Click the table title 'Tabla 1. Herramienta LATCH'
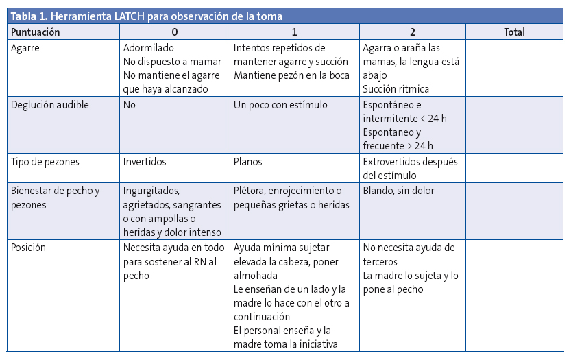[x=145, y=16]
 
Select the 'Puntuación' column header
[x=36, y=32]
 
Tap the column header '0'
[x=175, y=32]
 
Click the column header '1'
[x=294, y=32]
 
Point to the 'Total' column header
[x=514, y=32]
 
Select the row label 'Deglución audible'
[x=50, y=105]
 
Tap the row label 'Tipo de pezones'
[x=46, y=162]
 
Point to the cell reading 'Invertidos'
[x=145, y=162]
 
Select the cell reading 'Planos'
[x=248, y=162]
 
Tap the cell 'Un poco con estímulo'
[x=280, y=105]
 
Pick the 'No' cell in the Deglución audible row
[x=130, y=105]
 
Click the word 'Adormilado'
[x=149, y=48]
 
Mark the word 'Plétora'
[x=250, y=191]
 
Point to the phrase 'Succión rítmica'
[x=396, y=89]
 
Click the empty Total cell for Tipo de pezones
[x=515, y=168]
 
